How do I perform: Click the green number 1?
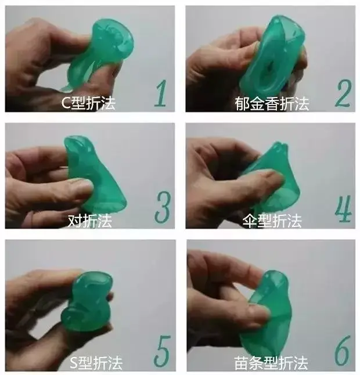click(x=161, y=93)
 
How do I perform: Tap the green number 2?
click(x=343, y=93)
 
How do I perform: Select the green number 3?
click(x=163, y=207)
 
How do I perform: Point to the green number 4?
click(x=344, y=208)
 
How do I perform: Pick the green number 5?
click(x=162, y=351)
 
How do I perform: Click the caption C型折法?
click(x=88, y=103)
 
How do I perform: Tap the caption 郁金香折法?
click(x=272, y=103)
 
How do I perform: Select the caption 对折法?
click(x=89, y=221)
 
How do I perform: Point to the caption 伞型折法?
click(x=272, y=221)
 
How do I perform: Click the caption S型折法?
click(x=96, y=363)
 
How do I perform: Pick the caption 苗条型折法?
click(x=271, y=363)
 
